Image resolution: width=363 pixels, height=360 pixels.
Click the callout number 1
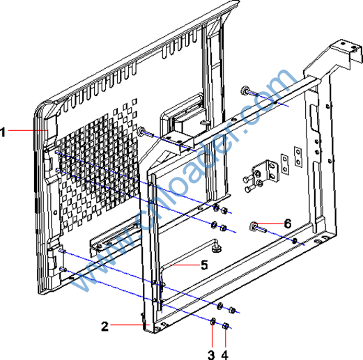point(3,132)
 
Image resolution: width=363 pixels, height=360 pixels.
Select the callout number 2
point(105,326)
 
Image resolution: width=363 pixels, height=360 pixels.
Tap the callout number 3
point(211,354)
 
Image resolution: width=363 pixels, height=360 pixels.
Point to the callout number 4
point(225,354)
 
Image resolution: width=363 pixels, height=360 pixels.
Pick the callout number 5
point(204,265)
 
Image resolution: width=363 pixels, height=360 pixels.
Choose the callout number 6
point(288,224)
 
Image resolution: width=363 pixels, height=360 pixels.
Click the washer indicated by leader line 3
point(213,322)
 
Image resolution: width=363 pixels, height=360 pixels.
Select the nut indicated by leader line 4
point(225,326)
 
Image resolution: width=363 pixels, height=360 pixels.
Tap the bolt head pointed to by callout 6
point(253,226)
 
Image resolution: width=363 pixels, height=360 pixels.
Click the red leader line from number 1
point(28,130)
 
